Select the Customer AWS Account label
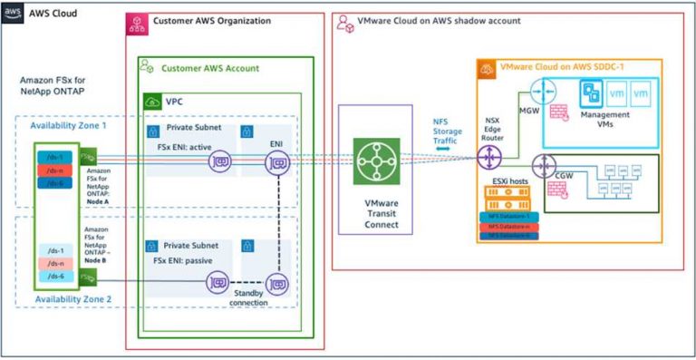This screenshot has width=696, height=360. coord(209,68)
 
